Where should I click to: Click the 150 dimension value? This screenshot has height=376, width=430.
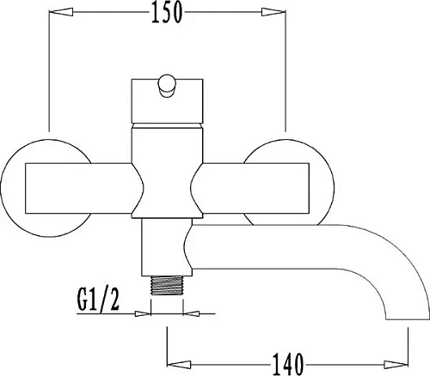point(167,12)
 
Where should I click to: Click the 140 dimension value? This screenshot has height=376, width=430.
point(287,364)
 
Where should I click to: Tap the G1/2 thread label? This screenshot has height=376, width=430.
point(98,300)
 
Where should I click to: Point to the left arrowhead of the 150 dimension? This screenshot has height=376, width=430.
point(60,12)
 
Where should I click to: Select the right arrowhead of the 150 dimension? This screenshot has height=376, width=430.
point(273,12)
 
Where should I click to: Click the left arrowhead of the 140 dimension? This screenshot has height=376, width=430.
point(179,365)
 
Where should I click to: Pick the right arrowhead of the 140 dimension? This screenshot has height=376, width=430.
point(396,365)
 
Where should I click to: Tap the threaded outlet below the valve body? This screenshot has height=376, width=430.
point(167,285)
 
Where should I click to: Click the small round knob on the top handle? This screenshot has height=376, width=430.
point(167,86)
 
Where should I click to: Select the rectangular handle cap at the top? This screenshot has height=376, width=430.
point(167,101)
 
